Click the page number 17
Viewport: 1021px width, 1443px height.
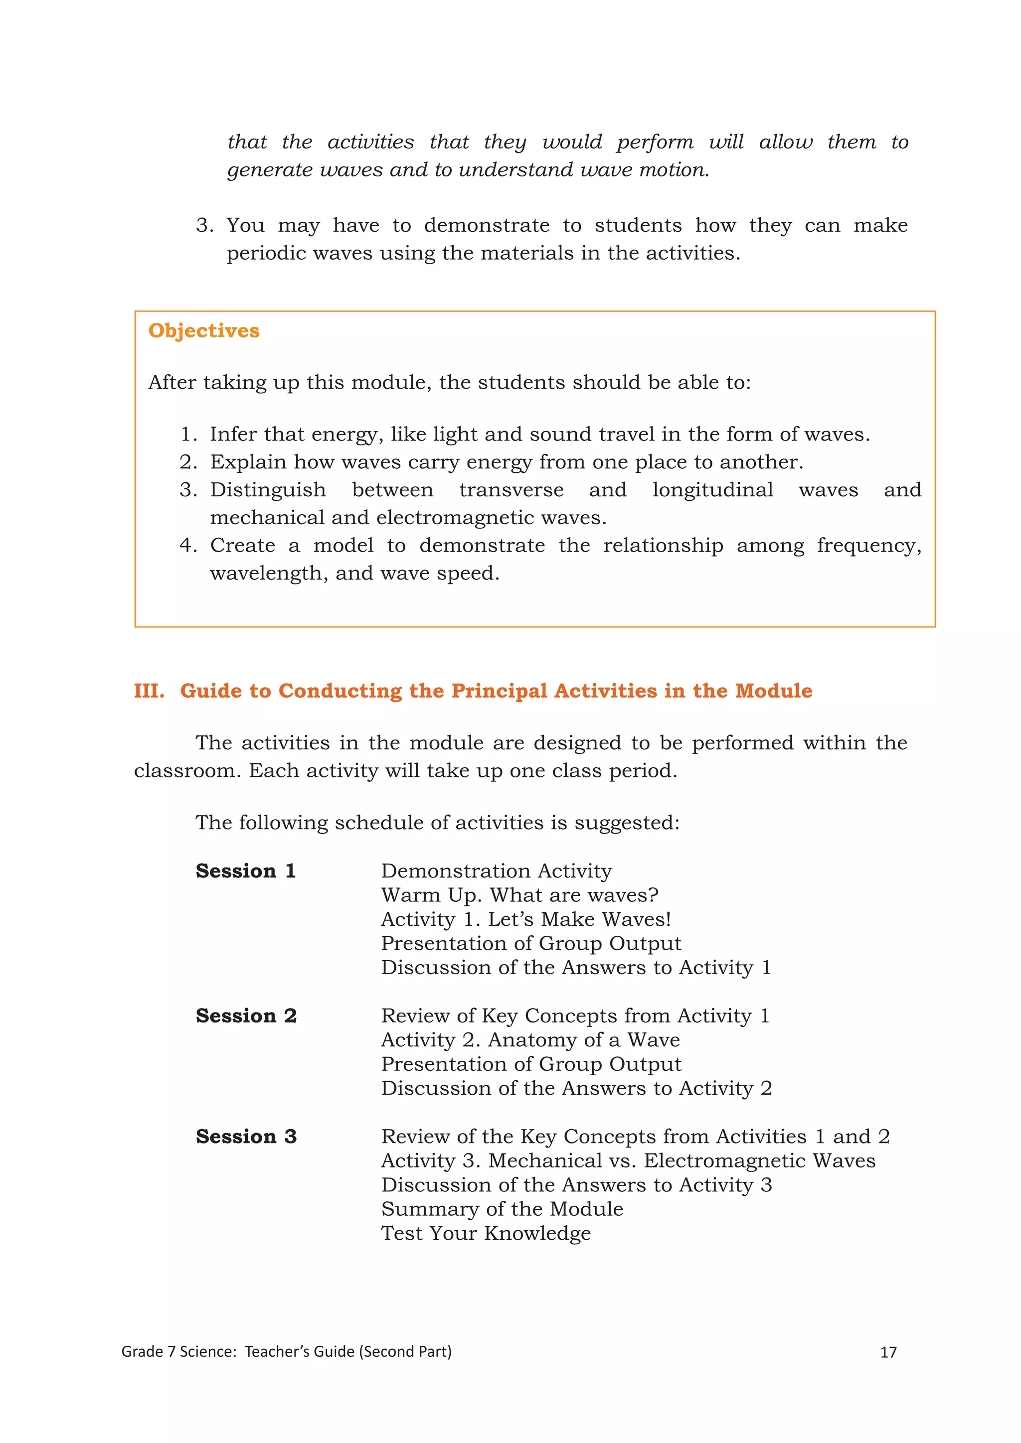click(x=888, y=1352)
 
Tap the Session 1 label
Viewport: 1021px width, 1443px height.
click(x=245, y=871)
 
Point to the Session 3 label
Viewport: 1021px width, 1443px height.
click(x=246, y=1136)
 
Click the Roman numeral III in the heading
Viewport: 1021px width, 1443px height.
click(x=149, y=691)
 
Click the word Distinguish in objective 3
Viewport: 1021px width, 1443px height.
click(x=268, y=490)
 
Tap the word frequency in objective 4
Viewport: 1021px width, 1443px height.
click(x=869, y=546)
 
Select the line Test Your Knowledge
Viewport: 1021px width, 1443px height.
click(x=486, y=1233)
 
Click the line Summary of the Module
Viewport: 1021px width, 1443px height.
click(x=502, y=1209)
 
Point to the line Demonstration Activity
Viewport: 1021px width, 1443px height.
click(x=496, y=871)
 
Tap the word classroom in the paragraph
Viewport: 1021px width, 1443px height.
click(x=187, y=771)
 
